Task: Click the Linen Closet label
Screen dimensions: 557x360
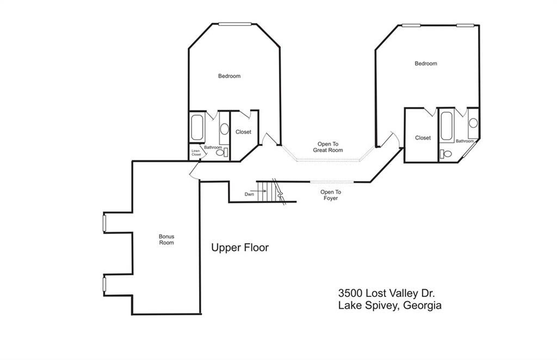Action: pyautogui.click(x=196, y=153)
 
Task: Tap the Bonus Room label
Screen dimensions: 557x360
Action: pyautogui.click(x=166, y=239)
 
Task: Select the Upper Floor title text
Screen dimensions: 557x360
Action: pyautogui.click(x=240, y=247)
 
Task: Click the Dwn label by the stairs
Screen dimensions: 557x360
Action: pyautogui.click(x=249, y=194)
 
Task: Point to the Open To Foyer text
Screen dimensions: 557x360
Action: pyautogui.click(x=330, y=195)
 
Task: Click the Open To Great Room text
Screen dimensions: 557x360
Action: pyautogui.click(x=328, y=147)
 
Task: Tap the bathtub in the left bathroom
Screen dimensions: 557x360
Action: pyautogui.click(x=197, y=127)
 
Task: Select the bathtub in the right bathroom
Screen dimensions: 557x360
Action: pyautogui.click(x=447, y=126)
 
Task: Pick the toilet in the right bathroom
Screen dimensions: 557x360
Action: pyautogui.click(x=445, y=154)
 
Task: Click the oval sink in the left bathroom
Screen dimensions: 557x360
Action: pyautogui.click(x=224, y=128)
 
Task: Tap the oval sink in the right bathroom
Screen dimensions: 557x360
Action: pyautogui.click(x=473, y=123)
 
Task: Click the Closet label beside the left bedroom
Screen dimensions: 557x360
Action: pyautogui.click(x=243, y=132)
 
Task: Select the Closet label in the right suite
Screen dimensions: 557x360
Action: pyautogui.click(x=423, y=138)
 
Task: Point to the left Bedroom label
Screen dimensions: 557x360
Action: pyautogui.click(x=229, y=76)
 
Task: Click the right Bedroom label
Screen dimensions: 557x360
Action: pyautogui.click(x=426, y=64)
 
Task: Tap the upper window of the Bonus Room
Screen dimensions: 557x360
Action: pyautogui.click(x=104, y=223)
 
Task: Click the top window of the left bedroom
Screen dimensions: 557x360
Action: pyautogui.click(x=235, y=24)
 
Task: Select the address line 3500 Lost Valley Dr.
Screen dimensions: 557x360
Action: pyautogui.click(x=387, y=293)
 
